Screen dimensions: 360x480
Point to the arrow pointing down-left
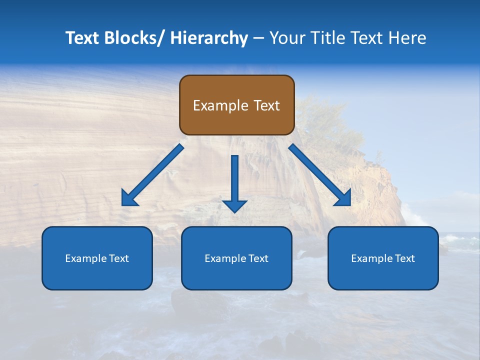(x=153, y=175)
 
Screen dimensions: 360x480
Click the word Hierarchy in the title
(x=209, y=38)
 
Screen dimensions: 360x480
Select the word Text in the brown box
(x=266, y=105)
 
